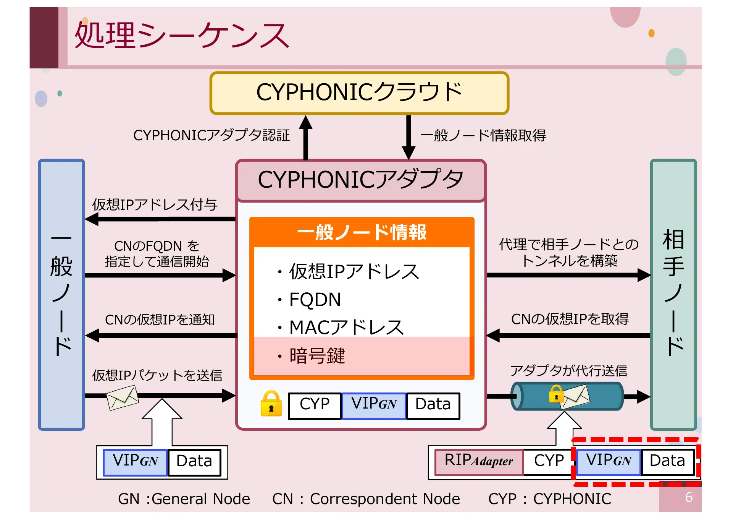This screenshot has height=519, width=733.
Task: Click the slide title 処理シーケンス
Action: pos(182,35)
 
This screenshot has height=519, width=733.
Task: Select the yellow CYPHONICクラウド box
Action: pos(359,93)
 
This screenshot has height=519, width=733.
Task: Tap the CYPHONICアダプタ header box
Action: pos(360,180)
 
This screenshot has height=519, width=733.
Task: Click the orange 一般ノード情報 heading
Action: pos(362,232)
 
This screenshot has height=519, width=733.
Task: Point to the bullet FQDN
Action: pos(315,300)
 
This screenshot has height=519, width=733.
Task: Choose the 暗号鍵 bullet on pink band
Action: pos(317,356)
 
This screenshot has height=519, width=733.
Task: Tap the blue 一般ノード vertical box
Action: pos(61,294)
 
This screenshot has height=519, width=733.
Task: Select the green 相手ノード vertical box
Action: pos(673,294)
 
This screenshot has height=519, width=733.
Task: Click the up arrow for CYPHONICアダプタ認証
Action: pos(305,138)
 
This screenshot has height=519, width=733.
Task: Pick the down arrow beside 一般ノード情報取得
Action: pos(408,138)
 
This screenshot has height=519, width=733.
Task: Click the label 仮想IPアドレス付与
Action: pos(155,205)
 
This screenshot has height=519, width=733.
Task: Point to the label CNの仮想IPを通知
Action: pos(160,320)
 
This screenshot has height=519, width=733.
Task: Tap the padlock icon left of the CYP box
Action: pos(271,404)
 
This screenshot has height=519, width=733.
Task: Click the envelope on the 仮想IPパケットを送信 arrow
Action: pos(122,397)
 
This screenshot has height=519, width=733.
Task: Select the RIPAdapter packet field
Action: pos(479,461)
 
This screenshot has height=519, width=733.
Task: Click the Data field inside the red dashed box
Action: pos(667,461)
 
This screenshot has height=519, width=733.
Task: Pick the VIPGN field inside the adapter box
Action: pos(374,405)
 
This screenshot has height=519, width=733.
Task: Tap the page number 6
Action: pos(688,497)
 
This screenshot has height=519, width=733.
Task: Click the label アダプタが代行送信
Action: pos(568,371)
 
